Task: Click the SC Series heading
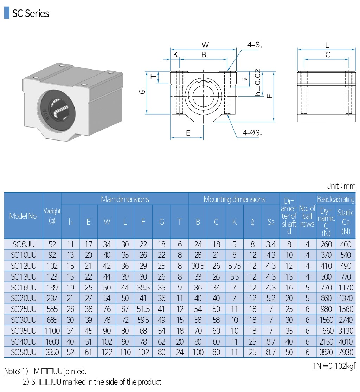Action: (31, 13)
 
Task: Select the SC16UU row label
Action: (24, 287)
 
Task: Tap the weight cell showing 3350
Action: (52, 352)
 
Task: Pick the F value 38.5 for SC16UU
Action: (143, 287)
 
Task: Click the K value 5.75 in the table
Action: (234, 266)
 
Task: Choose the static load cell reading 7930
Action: (346, 352)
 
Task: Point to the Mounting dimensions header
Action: (234, 199)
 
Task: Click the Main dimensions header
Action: (125, 199)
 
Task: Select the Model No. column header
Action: (24, 216)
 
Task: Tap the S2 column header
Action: (271, 222)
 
